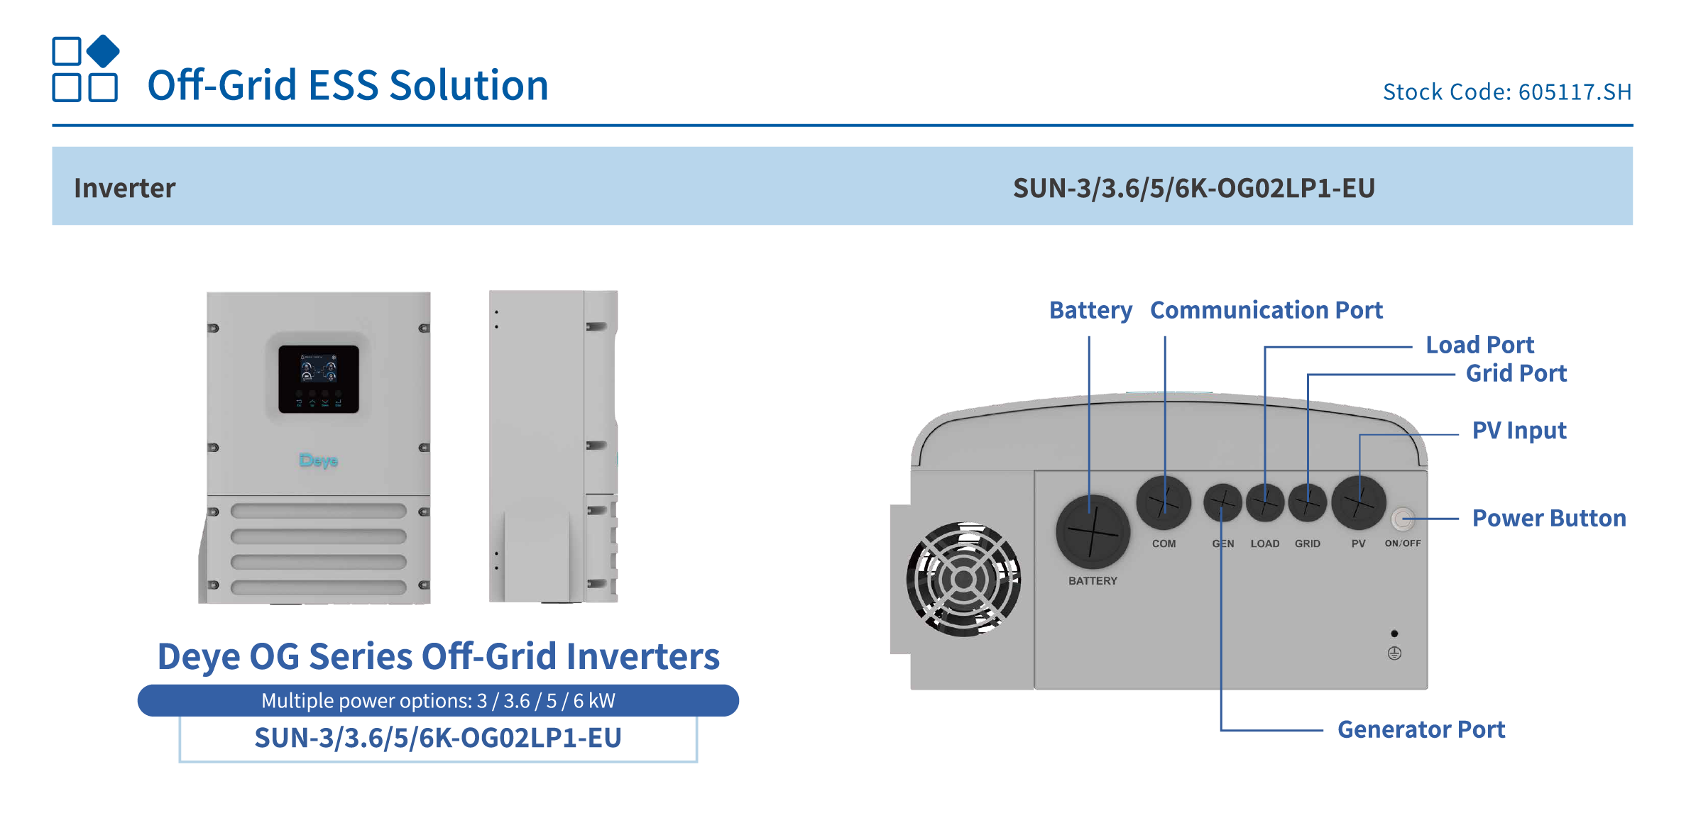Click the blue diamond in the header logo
pyautogui.click(x=103, y=51)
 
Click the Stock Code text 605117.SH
pyautogui.click(x=1506, y=92)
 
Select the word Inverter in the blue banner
pyautogui.click(x=124, y=188)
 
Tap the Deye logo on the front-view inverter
pyautogui.click(x=318, y=460)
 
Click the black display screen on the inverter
pyautogui.click(x=318, y=379)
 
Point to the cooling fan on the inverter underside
pyautogui.click(x=963, y=579)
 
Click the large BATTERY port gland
pyautogui.click(x=1093, y=531)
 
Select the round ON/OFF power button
pyautogui.click(x=1401, y=519)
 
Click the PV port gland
pyautogui.click(x=1358, y=503)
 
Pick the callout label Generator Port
pyautogui.click(x=1421, y=729)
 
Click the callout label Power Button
pyautogui.click(x=1548, y=519)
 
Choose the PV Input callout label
pyautogui.click(x=1518, y=431)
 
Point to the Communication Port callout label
pyautogui.click(x=1266, y=310)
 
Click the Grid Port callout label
pyautogui.click(x=1516, y=373)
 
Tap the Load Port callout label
pyautogui.click(x=1479, y=345)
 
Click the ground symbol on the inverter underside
pyautogui.click(x=1394, y=653)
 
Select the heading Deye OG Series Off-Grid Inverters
pyautogui.click(x=438, y=656)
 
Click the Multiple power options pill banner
pyautogui.click(x=438, y=701)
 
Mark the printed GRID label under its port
pyautogui.click(x=1307, y=543)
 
